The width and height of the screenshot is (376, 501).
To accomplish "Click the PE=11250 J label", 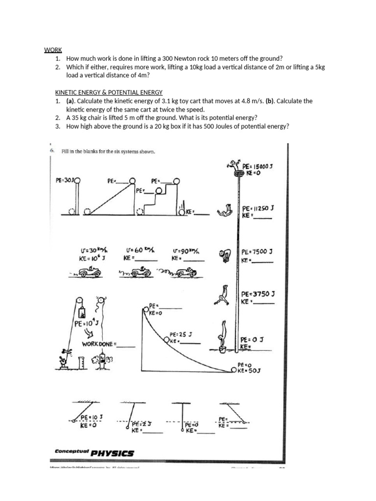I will [x=258, y=207].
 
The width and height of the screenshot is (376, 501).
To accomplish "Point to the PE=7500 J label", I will [x=257, y=251].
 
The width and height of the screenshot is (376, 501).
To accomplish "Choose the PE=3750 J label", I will [x=258, y=295].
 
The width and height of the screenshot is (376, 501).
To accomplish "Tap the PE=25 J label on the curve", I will [x=181, y=335].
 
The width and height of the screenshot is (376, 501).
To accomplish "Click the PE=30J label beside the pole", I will [x=66, y=180].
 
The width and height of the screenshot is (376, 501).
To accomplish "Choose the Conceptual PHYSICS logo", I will [x=94, y=453].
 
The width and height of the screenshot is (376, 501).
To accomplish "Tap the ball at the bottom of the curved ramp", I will [x=234, y=370].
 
